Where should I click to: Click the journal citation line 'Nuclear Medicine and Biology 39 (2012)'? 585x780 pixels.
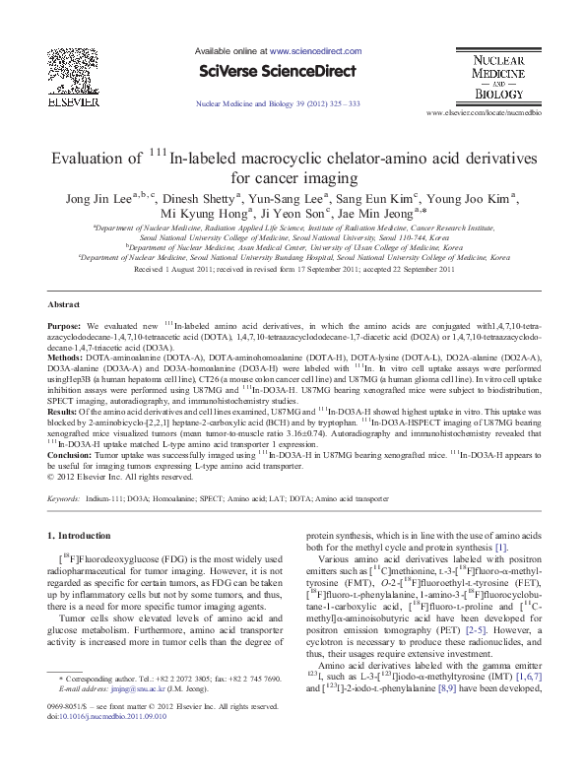[279, 102]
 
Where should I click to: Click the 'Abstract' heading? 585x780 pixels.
[64, 305]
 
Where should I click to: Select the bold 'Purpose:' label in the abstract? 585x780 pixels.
[67, 324]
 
